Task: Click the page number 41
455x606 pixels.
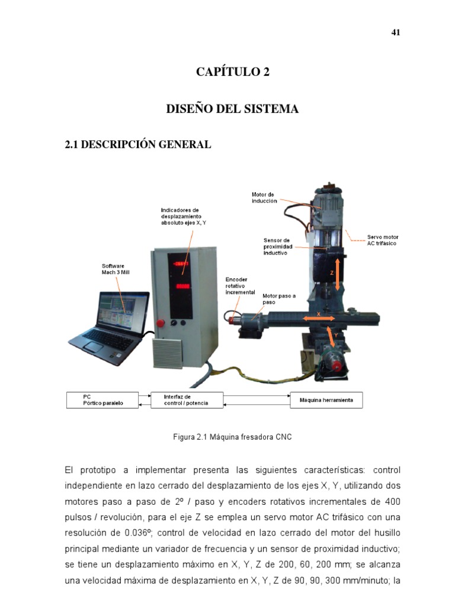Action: tap(395, 33)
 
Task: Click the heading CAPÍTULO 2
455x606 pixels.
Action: tap(232, 72)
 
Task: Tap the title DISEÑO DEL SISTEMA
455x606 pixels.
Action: tap(232, 109)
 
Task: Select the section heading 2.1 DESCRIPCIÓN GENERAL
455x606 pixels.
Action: tap(137, 144)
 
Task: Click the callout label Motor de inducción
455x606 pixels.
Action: tap(264, 198)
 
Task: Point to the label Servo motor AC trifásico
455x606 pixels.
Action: tap(383, 240)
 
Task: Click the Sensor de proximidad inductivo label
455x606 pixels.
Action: tap(278, 247)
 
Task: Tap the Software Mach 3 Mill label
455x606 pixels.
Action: tap(116, 269)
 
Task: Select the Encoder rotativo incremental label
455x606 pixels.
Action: tap(241, 286)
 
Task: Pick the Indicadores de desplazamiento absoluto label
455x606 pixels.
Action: tap(184, 217)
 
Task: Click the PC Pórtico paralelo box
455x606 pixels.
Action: tap(102, 400)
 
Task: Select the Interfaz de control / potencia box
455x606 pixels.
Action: tap(187, 400)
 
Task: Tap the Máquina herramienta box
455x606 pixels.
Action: tap(326, 400)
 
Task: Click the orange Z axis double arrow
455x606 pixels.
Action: tap(337, 275)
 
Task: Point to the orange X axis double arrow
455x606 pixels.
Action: tap(318, 318)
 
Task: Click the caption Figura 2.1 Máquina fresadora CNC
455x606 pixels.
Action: tap(232, 437)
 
